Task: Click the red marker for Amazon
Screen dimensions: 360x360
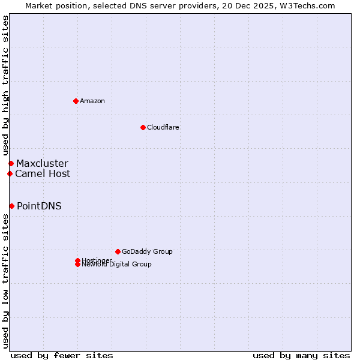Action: pyautogui.click(x=76, y=101)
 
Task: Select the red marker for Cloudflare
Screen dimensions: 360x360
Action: pyautogui.click(x=143, y=127)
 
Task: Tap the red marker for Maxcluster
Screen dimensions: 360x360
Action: pyautogui.click(x=11, y=163)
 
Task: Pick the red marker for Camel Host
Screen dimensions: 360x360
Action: pyautogui.click(x=10, y=173)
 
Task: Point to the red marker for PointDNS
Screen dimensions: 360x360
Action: pyautogui.click(x=11, y=206)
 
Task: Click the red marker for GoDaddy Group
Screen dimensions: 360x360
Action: pyautogui.click(x=118, y=251)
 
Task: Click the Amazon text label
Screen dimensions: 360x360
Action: pyautogui.click(x=92, y=101)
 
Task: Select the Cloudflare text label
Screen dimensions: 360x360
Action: pyautogui.click(x=163, y=127)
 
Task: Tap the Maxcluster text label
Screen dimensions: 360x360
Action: pyautogui.click(x=42, y=163)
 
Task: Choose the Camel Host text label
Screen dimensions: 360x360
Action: pyautogui.click(x=43, y=173)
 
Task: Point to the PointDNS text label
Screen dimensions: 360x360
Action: pyautogui.click(x=39, y=206)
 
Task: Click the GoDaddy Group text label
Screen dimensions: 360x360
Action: pyautogui.click(x=147, y=251)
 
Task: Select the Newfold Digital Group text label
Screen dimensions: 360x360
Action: pyautogui.click(x=117, y=265)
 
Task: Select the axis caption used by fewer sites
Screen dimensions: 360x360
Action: pyautogui.click(x=62, y=355)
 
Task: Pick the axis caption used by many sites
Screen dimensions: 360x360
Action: pyautogui.click(x=301, y=355)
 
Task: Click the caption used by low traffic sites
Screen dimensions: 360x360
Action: pyautogui.click(x=5, y=281)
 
